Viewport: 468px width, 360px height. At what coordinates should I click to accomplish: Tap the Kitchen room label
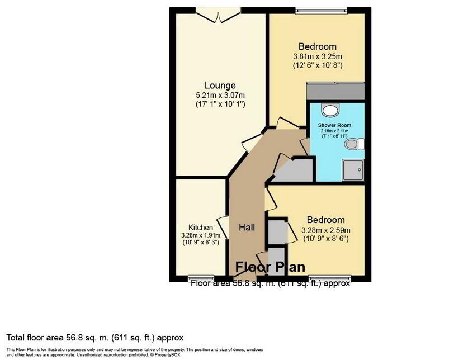click(200, 228)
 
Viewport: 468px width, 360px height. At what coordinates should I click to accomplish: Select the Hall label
click(247, 228)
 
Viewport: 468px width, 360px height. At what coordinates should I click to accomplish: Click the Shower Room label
click(334, 125)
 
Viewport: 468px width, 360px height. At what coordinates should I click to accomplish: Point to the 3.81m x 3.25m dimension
click(317, 56)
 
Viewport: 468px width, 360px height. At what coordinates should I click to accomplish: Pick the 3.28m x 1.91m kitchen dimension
click(200, 235)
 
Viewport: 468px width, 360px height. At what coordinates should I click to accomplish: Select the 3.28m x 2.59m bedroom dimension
click(325, 230)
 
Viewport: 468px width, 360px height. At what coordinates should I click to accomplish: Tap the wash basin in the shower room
click(331, 109)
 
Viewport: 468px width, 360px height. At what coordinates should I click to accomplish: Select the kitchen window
click(200, 277)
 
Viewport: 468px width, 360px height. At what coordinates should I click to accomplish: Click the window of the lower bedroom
click(330, 277)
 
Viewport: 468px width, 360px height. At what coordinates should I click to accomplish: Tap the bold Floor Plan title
click(270, 266)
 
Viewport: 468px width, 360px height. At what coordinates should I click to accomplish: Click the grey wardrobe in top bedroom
click(336, 90)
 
